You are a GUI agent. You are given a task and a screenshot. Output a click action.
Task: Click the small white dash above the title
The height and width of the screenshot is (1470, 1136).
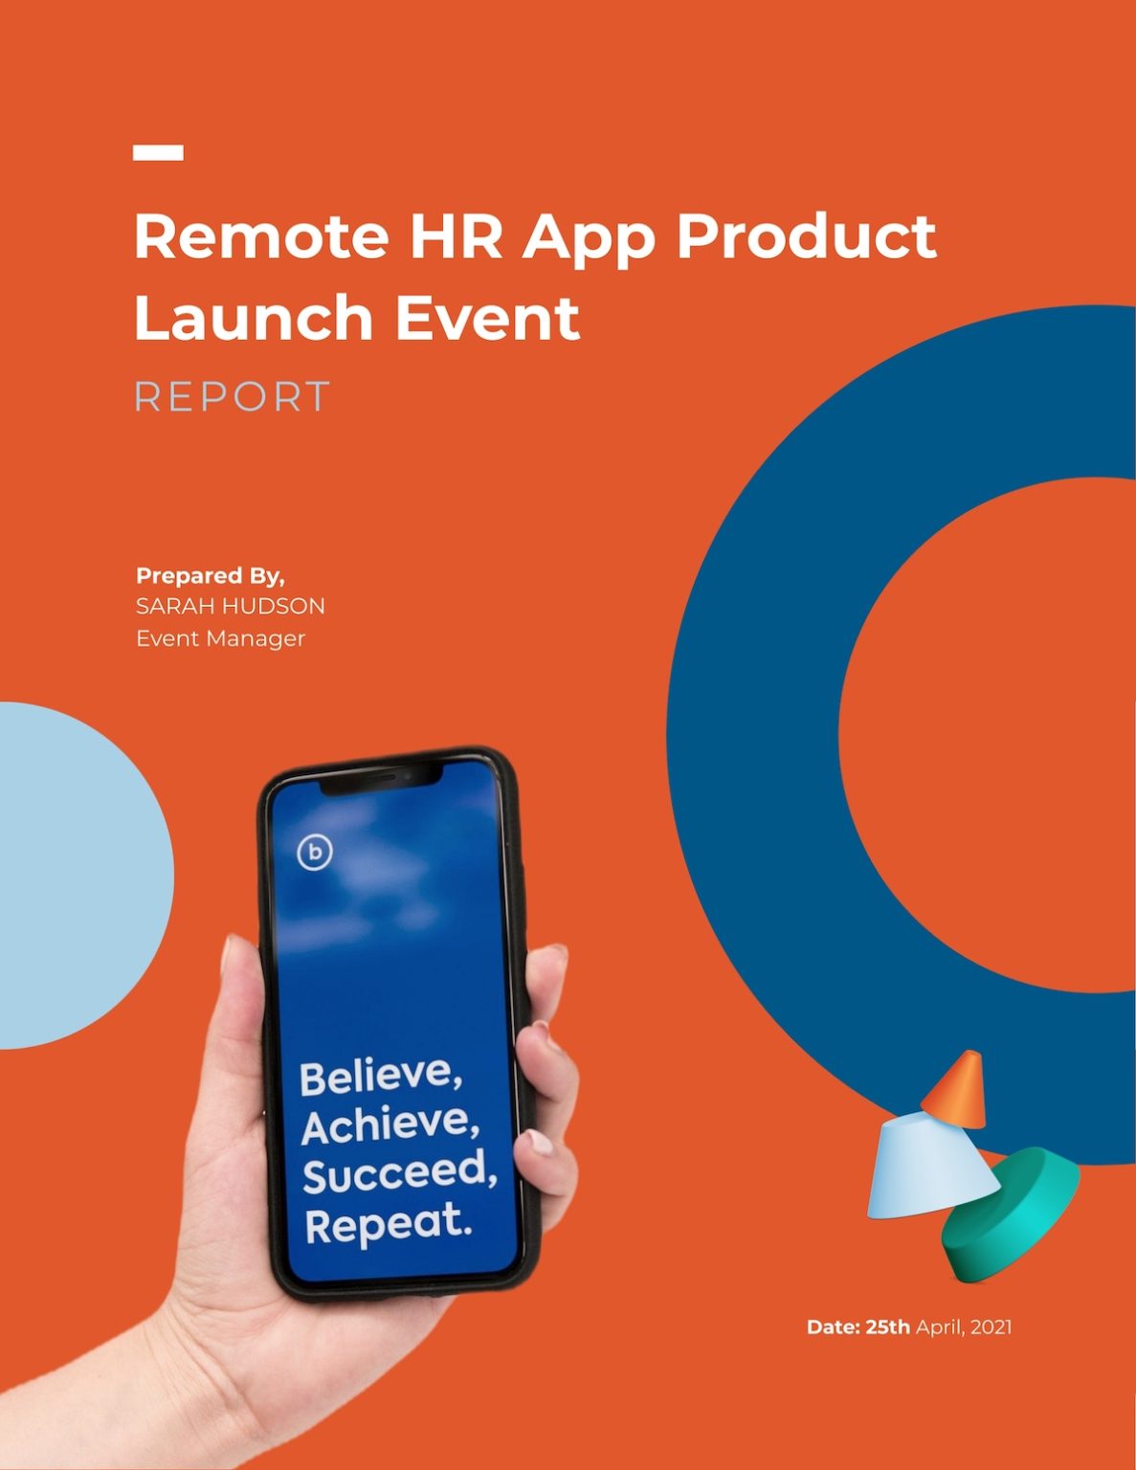pyautogui.click(x=158, y=152)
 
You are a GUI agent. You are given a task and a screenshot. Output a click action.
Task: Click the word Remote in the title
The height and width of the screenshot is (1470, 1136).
pyautogui.click(x=261, y=236)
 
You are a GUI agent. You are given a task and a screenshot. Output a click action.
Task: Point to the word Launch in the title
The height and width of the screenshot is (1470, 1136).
pyautogui.click(x=254, y=317)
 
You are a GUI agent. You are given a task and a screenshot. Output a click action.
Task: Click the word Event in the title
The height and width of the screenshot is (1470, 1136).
pyautogui.click(x=487, y=318)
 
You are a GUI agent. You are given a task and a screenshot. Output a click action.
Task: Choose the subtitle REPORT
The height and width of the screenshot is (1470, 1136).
pyautogui.click(x=232, y=396)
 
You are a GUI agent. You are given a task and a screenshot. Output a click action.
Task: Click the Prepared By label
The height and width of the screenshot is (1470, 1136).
pyautogui.click(x=211, y=576)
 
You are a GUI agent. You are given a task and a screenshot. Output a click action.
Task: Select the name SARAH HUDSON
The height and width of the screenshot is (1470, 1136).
pyautogui.click(x=231, y=606)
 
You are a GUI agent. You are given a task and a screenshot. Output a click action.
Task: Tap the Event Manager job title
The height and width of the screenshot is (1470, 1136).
pyautogui.click(x=220, y=638)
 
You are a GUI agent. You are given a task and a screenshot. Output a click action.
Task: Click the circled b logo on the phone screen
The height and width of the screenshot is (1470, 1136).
pyautogui.click(x=315, y=853)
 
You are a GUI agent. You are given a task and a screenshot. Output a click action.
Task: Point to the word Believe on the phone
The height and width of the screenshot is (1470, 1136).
pyautogui.click(x=381, y=1077)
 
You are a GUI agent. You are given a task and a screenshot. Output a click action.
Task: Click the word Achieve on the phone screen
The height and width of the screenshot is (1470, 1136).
pyautogui.click(x=390, y=1124)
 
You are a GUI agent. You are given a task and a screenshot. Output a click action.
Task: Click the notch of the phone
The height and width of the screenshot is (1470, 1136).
pyautogui.click(x=381, y=778)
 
